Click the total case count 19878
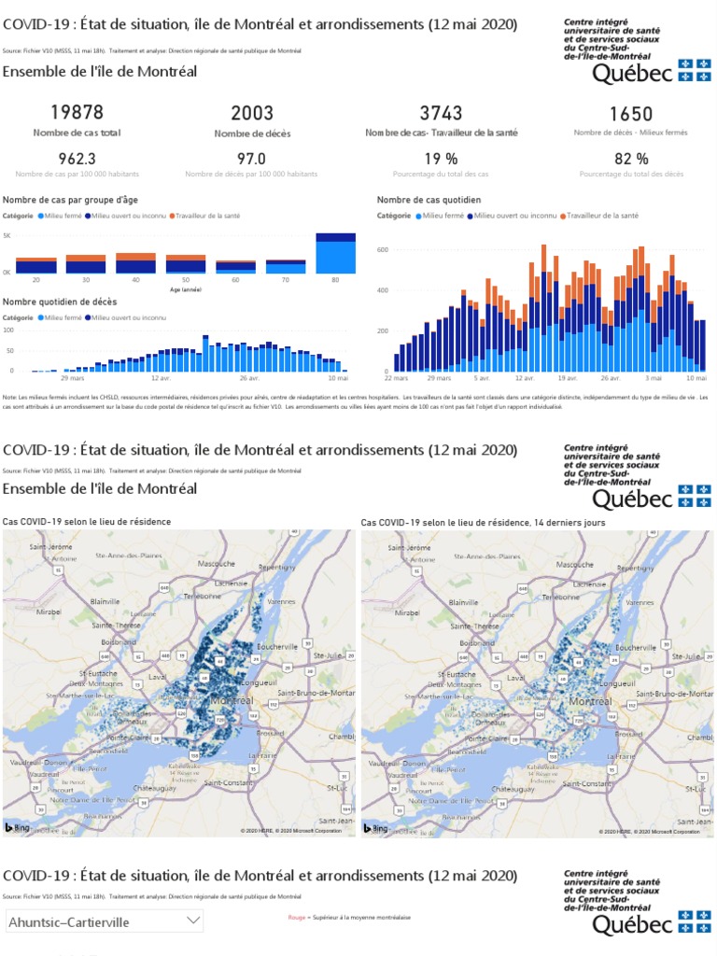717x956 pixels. [77, 113]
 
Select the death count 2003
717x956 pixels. [252, 113]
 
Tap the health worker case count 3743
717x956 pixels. [441, 113]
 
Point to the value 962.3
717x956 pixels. [77, 159]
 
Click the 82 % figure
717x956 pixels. [631, 159]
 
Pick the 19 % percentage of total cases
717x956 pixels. [441, 159]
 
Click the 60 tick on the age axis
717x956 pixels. [235, 280]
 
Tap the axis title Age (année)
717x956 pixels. [186, 289]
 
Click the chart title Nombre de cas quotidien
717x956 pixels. [429, 200]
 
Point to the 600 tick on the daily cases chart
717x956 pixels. [382, 250]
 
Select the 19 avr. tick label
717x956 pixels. [569, 378]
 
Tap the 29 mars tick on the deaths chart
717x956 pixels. [72, 378]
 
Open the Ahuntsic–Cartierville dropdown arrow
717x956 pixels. [193, 921]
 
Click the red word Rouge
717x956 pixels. [296, 918]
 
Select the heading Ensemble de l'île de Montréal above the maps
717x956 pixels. [100, 488]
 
